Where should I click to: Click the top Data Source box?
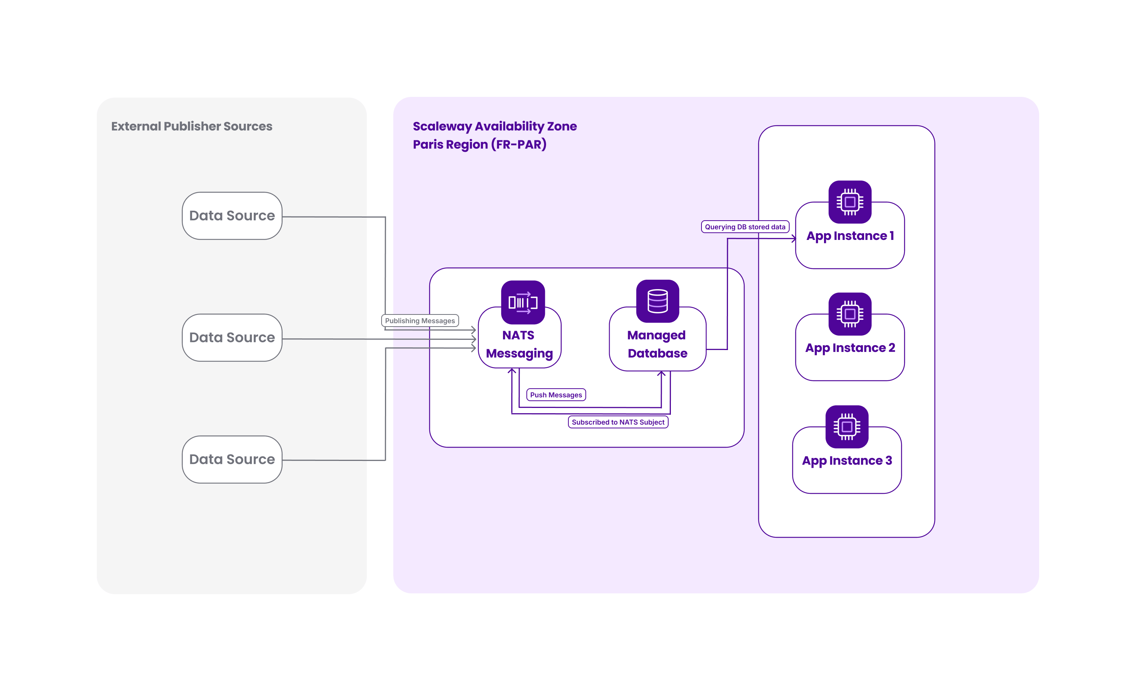pyautogui.click(x=232, y=216)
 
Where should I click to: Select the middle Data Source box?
pyautogui.click(x=232, y=338)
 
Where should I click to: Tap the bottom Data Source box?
pyautogui.click(x=232, y=459)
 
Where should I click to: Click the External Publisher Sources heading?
pyautogui.click(x=192, y=126)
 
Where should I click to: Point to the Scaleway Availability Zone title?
pyautogui.click(x=495, y=126)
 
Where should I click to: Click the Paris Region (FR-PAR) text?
pyautogui.click(x=480, y=145)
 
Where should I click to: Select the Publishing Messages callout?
pyautogui.click(x=420, y=321)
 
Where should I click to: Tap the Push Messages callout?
pyautogui.click(x=556, y=395)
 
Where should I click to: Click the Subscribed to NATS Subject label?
pyautogui.click(x=618, y=422)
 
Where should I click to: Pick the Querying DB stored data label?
pyautogui.click(x=745, y=227)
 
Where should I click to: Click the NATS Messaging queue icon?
pyautogui.click(x=523, y=302)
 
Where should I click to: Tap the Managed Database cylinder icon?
pyautogui.click(x=658, y=301)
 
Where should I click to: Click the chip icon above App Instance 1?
pyautogui.click(x=850, y=202)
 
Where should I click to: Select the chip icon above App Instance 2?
pyautogui.click(x=850, y=314)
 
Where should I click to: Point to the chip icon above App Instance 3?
pyautogui.click(x=847, y=427)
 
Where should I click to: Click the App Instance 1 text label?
pyautogui.click(x=850, y=236)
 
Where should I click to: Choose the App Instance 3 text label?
pyautogui.click(x=847, y=461)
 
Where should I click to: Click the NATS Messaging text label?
pyautogui.click(x=519, y=344)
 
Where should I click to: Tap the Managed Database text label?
pyautogui.click(x=657, y=344)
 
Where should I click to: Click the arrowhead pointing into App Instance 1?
pyautogui.click(x=794, y=238)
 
